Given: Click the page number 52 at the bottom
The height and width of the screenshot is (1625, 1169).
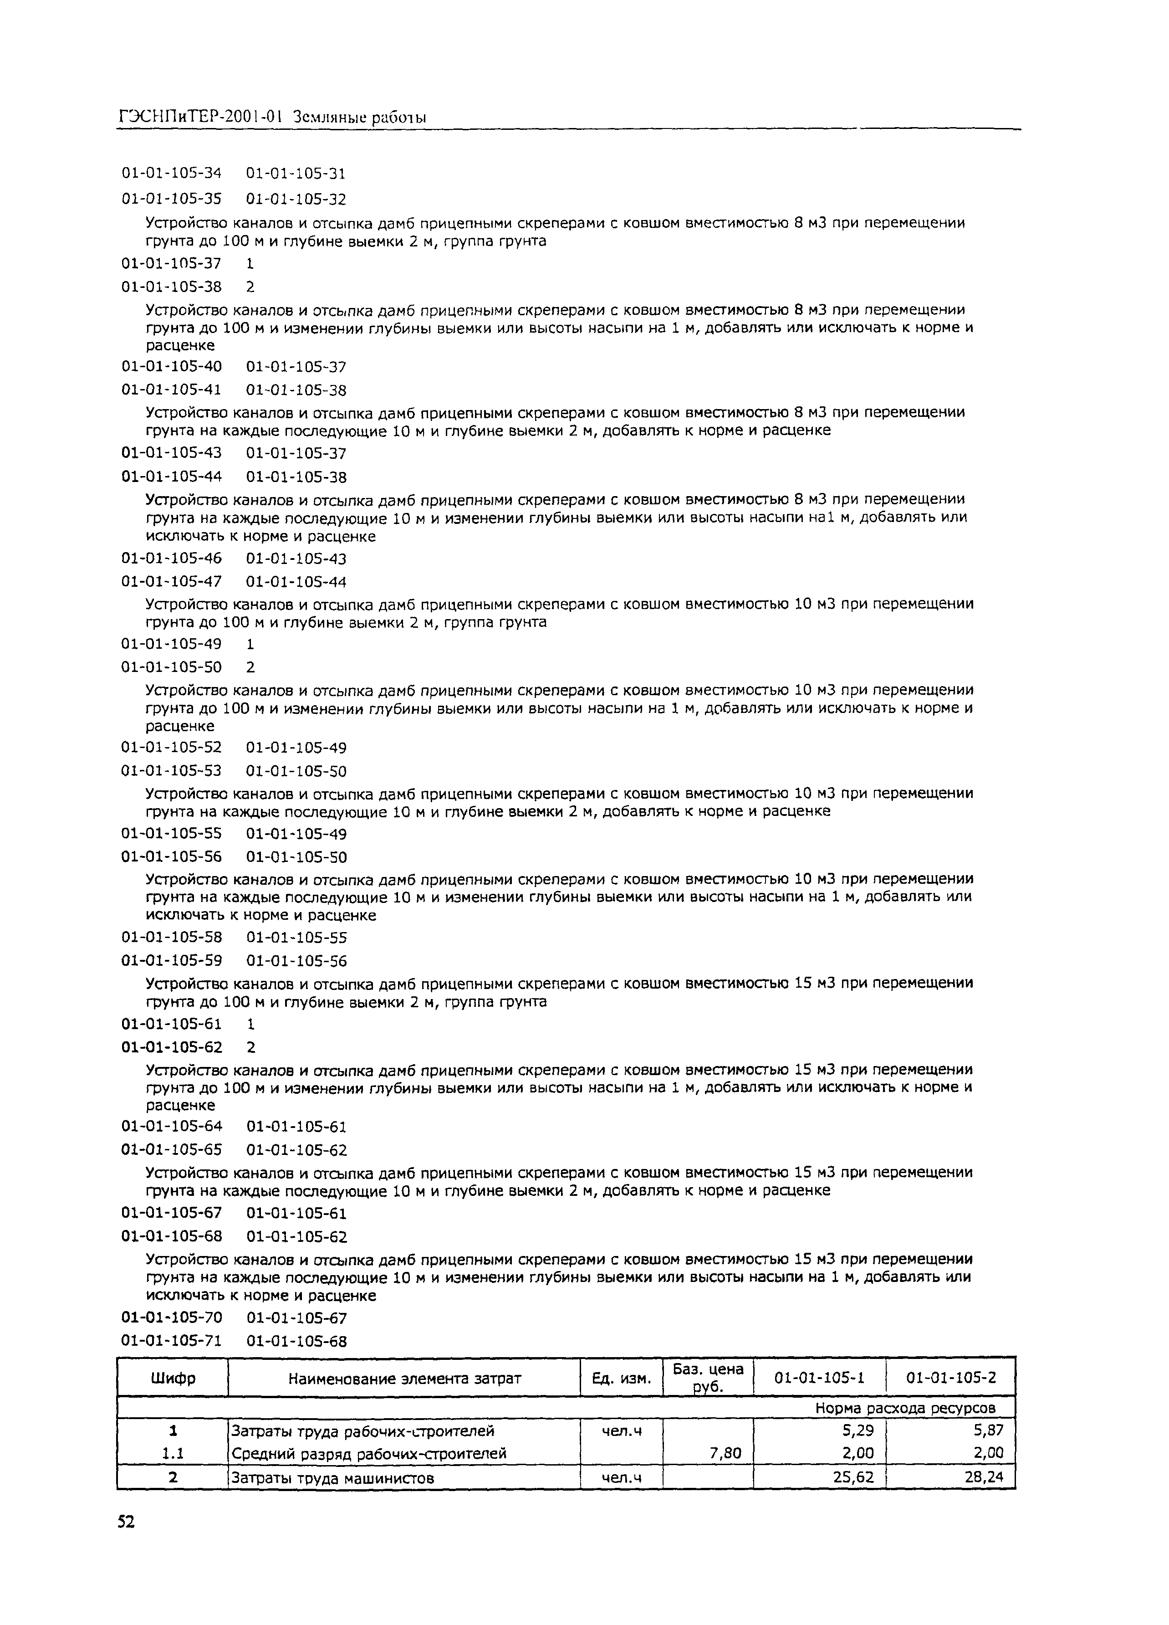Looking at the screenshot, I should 126,1543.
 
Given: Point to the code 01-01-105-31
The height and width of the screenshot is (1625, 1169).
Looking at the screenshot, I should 296,174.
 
